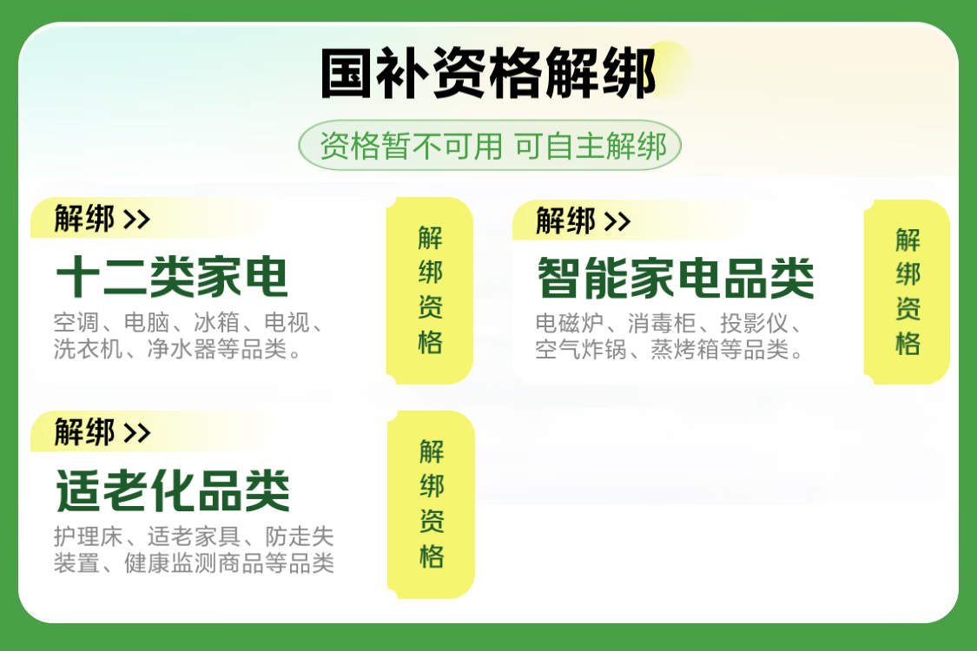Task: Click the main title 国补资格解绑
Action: point(488,73)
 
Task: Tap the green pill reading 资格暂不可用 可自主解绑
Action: point(490,146)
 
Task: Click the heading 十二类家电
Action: point(172,277)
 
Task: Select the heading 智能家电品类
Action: point(676,278)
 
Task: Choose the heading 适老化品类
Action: point(173,491)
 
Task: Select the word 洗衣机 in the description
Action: point(88,349)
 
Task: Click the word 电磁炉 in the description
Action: point(570,323)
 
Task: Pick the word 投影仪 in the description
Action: point(755,323)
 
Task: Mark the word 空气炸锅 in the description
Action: point(581,350)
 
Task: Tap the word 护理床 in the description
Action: point(88,536)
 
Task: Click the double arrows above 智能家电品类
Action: point(617,221)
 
